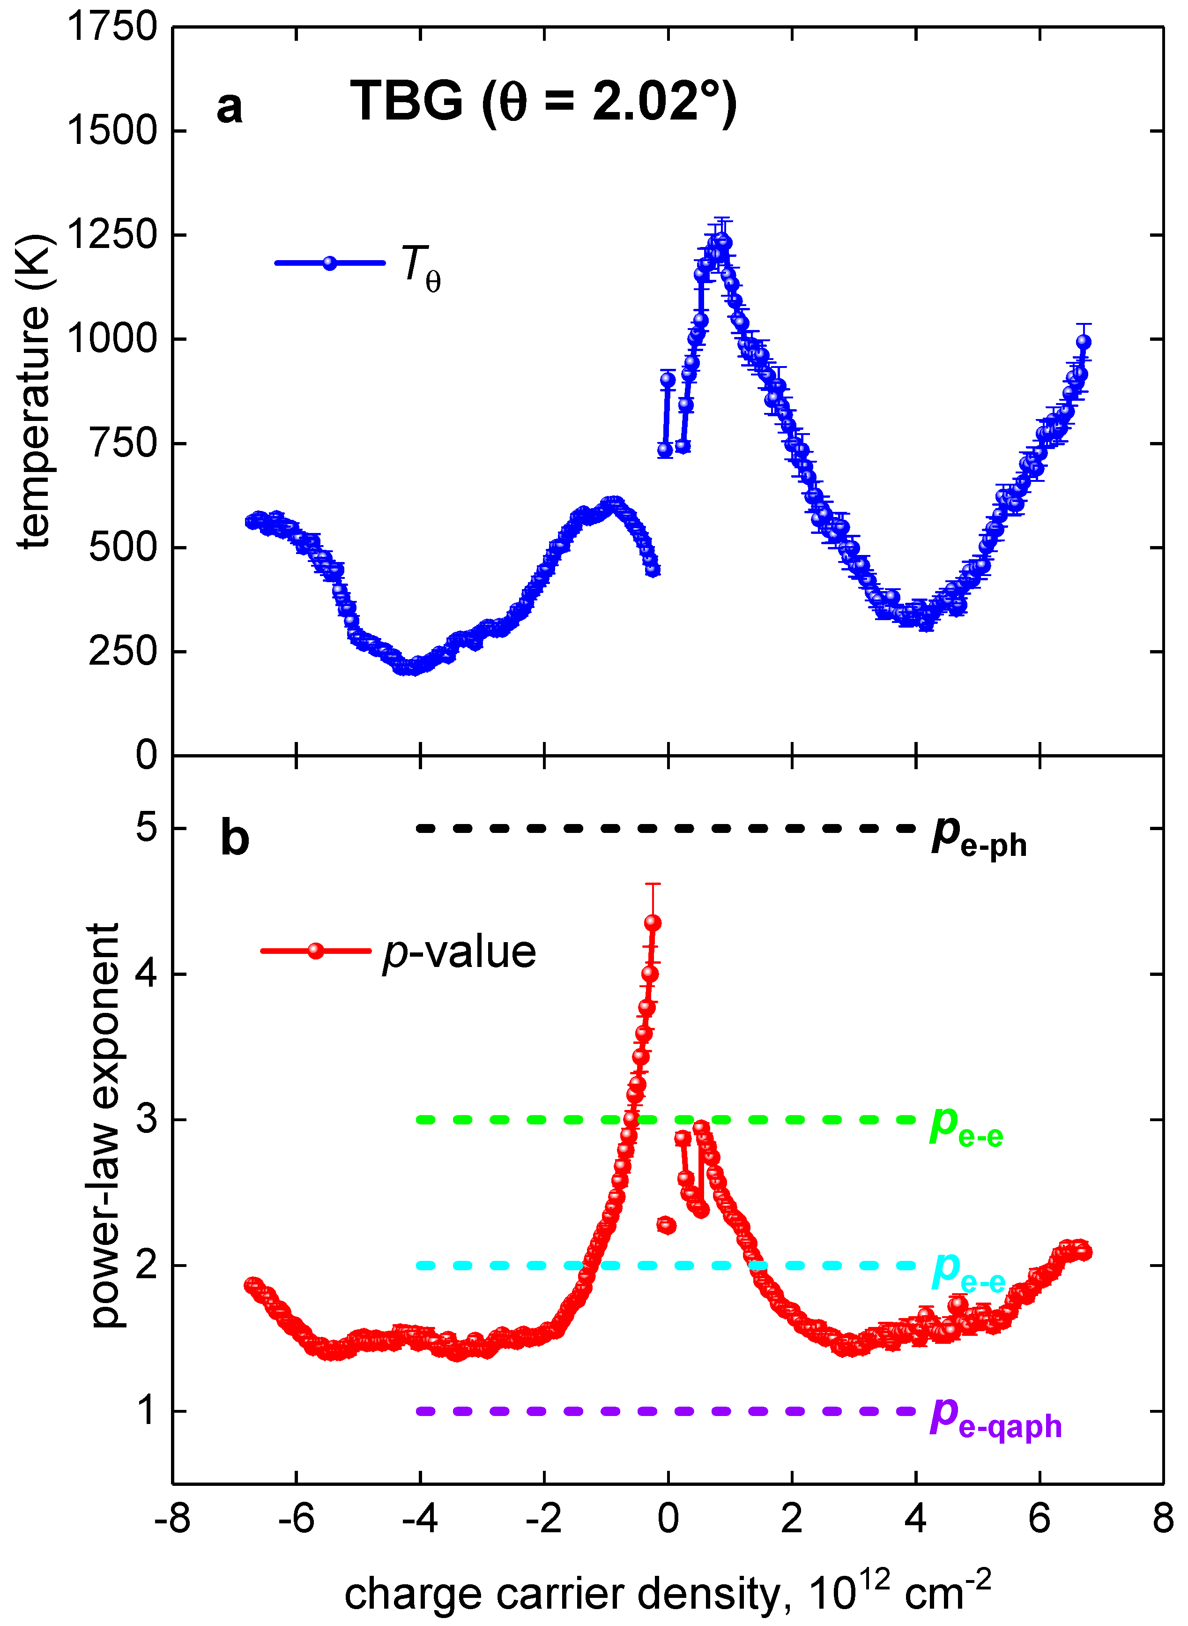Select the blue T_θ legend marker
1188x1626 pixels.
(x=329, y=262)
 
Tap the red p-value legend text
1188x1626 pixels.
(x=459, y=952)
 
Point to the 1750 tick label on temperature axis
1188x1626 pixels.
(x=111, y=27)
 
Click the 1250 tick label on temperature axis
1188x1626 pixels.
(x=111, y=234)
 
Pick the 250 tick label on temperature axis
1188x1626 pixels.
(x=122, y=651)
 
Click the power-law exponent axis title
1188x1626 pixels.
(x=105, y=1125)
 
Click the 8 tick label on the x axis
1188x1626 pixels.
(x=1163, y=1518)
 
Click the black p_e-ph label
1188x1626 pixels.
(x=979, y=837)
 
